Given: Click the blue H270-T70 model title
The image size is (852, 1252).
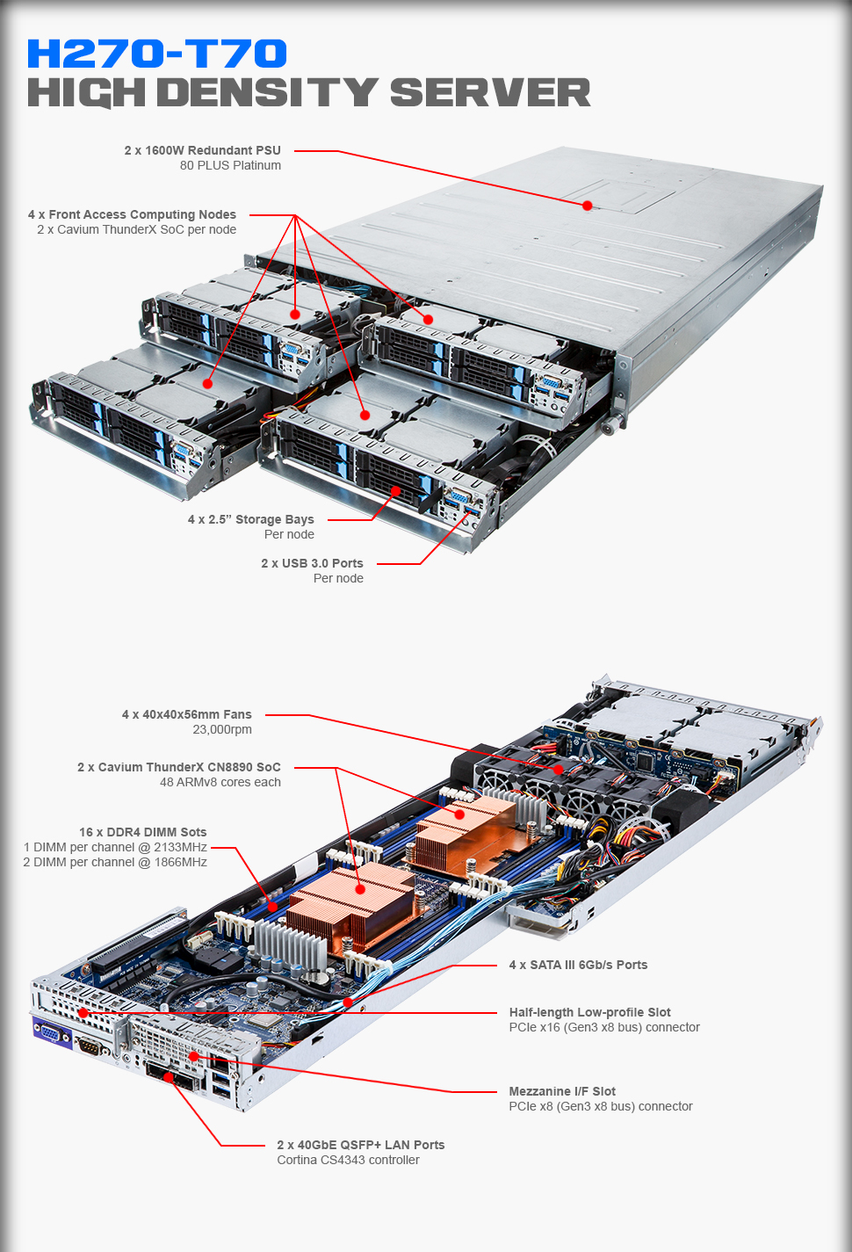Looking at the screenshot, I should pyautogui.click(x=156, y=54).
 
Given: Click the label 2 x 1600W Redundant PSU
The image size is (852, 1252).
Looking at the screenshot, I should pyautogui.click(x=202, y=150).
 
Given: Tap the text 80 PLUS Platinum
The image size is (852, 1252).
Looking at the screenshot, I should pyautogui.click(x=230, y=165).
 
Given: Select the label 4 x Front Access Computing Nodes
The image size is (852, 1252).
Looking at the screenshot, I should pyautogui.click(x=132, y=214).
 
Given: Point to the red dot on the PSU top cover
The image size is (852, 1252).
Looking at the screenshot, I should pyautogui.click(x=587, y=206).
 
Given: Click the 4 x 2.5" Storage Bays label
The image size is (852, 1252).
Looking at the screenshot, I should pyautogui.click(x=250, y=519).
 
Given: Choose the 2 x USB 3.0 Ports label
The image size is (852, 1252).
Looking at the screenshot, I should pyautogui.click(x=312, y=563).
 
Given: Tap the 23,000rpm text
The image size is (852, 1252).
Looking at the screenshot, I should pyautogui.click(x=222, y=729).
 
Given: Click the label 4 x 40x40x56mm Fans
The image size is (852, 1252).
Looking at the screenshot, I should pyautogui.click(x=186, y=714).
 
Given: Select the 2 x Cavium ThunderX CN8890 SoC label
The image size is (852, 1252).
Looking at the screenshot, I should pyautogui.click(x=179, y=767).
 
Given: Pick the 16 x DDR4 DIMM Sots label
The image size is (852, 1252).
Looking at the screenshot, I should pyautogui.click(x=142, y=832).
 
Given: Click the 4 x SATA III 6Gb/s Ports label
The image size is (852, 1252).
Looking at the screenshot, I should pyautogui.click(x=578, y=965).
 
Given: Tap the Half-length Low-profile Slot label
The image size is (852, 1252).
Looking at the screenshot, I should pyautogui.click(x=589, y=1012).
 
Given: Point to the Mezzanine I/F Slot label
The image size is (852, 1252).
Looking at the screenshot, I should pyautogui.click(x=562, y=1091).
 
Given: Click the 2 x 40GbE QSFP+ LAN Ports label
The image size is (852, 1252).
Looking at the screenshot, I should pyautogui.click(x=360, y=1145).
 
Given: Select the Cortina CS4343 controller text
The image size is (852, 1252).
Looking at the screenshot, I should pyautogui.click(x=348, y=1160).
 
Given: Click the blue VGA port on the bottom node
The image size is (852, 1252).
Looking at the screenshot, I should pyautogui.click(x=52, y=1034).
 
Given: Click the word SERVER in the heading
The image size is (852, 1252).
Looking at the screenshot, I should pyautogui.click(x=489, y=93).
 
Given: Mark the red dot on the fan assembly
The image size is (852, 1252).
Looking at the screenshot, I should pyautogui.click(x=558, y=769).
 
